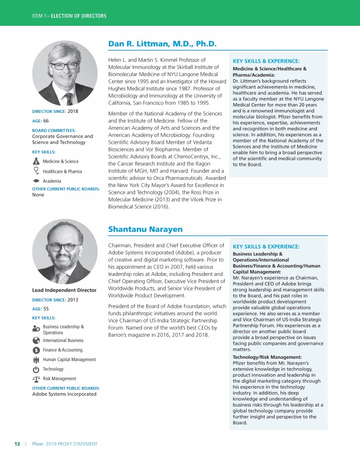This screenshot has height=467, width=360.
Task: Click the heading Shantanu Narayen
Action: pos(145,229)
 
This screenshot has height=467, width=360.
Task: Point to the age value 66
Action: pos(46,120)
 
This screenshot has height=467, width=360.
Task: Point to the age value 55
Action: pos(46,309)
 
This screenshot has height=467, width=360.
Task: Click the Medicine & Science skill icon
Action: pos(36,161)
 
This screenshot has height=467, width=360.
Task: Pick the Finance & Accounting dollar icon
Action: pos(36,350)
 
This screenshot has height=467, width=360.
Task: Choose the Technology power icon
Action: pos(36,369)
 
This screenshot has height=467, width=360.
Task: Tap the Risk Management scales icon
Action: pos(36,378)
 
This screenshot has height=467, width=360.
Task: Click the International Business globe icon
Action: pos(36,341)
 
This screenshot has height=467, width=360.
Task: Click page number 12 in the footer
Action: pos(17,443)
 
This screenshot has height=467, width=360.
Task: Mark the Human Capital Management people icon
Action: pos(36,360)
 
